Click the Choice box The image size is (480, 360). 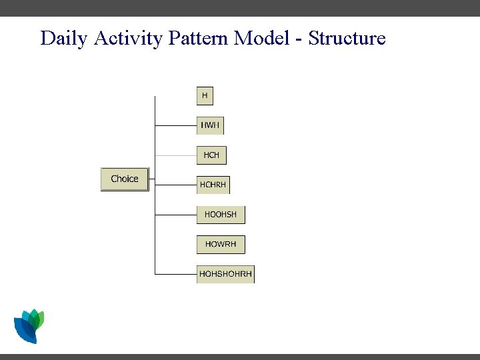pos(125,179)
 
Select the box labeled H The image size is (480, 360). pos(205,96)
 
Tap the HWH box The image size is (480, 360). pos(210,125)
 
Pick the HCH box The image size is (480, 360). pos(211,155)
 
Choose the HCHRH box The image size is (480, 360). pos(213,185)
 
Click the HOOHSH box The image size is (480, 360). pos(221,215)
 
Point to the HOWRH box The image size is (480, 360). pos(221,244)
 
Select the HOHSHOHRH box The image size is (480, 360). pos(225,274)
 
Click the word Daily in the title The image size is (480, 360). pos(65,38)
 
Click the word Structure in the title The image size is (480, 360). pos(347,38)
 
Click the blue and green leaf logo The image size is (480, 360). pos(29,326)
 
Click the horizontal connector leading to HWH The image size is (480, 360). pos(175,125)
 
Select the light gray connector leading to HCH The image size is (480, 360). pos(175,155)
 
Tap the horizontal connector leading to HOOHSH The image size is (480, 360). pos(175,215)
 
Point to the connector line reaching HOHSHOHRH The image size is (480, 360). pos(175,274)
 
